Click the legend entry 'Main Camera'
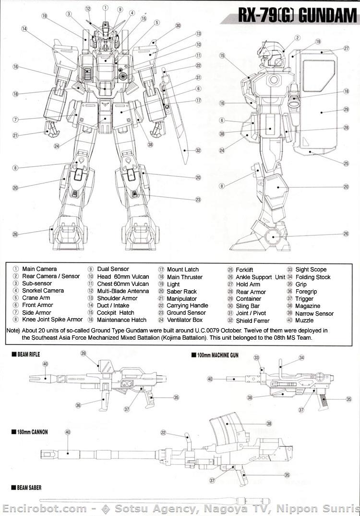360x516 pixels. [x=39, y=269]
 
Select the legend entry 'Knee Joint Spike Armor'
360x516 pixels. [x=52, y=319]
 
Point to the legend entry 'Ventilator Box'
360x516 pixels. [x=185, y=320]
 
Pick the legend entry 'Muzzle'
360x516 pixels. [x=304, y=320]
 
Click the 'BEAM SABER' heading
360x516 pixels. [x=29, y=488]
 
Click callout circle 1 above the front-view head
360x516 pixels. [x=105, y=8]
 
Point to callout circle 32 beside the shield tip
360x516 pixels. [x=198, y=150]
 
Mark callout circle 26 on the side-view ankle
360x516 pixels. [x=346, y=234]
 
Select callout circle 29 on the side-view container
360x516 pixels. [x=346, y=110]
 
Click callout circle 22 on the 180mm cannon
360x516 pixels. [x=163, y=433]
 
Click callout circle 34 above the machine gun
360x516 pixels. [x=301, y=358]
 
